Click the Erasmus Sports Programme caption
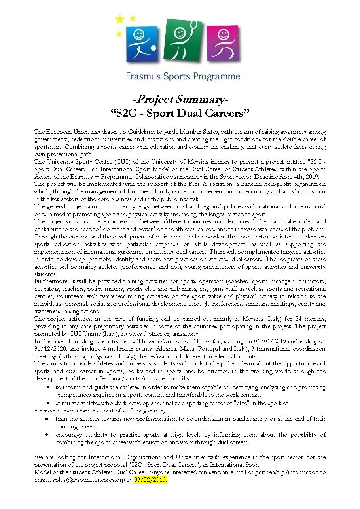click(183, 76)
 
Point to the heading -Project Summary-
click(180, 98)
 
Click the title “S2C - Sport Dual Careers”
click(180, 113)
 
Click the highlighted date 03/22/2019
click(151, 480)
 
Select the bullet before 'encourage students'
click(47, 434)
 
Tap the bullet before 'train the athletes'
click(47, 418)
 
